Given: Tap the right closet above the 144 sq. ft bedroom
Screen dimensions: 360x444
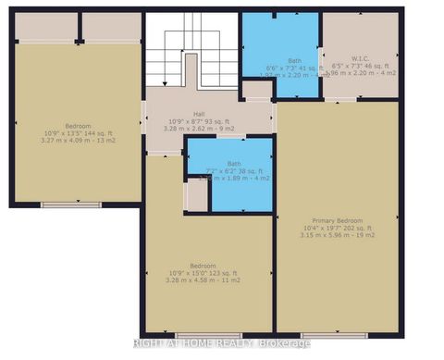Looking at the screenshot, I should (113, 27).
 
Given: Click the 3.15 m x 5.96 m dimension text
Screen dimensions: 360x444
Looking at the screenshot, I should (336, 235).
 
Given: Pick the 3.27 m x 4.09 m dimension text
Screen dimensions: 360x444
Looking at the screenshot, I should (78, 140).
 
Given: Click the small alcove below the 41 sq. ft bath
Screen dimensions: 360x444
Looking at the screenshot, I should (254, 90).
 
